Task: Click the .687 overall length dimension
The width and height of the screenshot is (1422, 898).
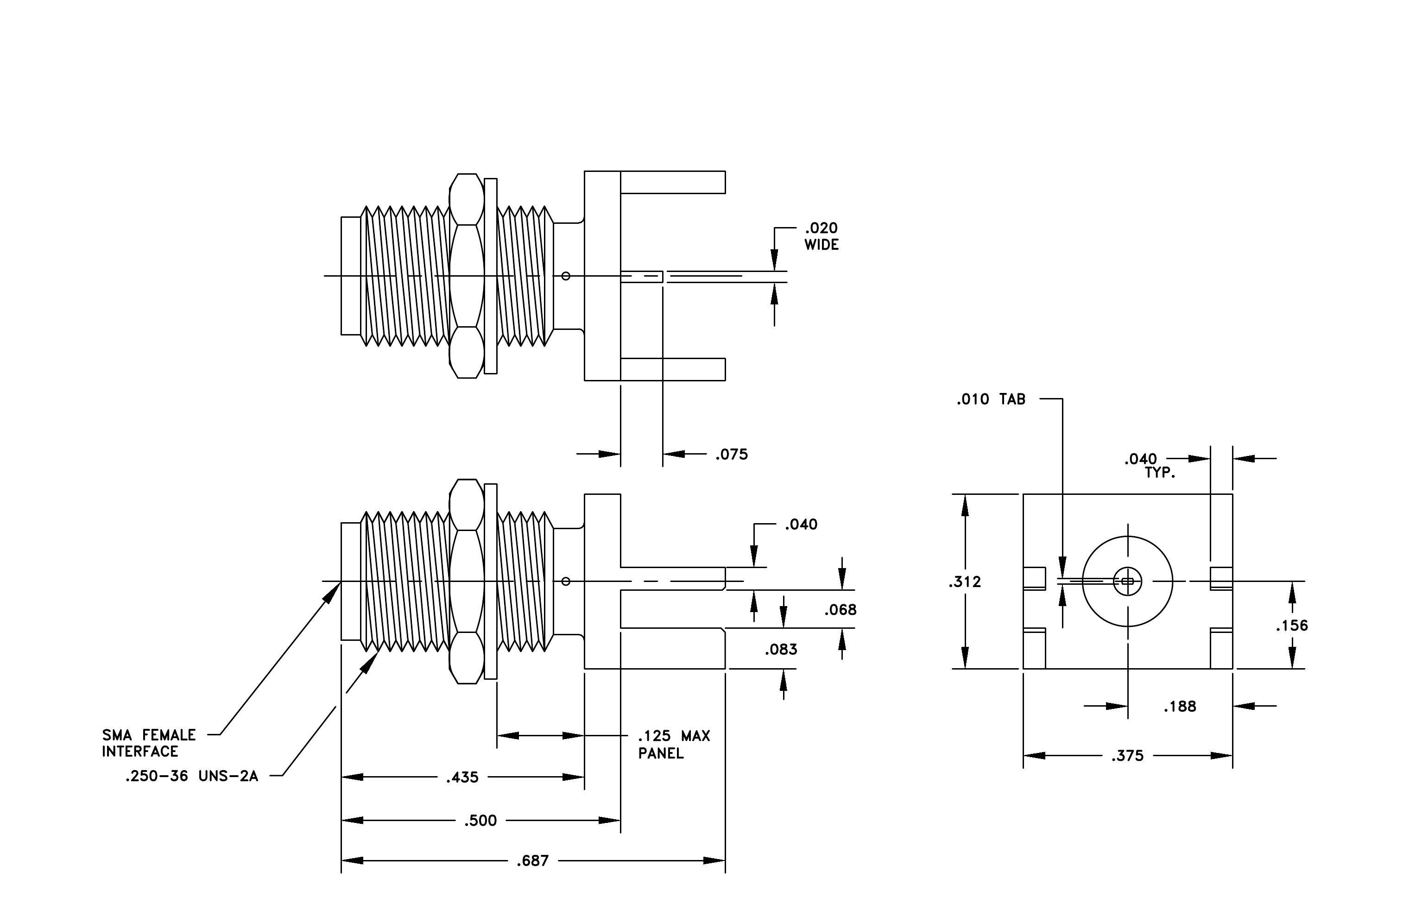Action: pyautogui.click(x=533, y=861)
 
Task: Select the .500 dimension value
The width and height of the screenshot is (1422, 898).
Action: pyautogui.click(x=480, y=821)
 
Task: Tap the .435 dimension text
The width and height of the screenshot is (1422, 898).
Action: pyautogui.click(x=462, y=778)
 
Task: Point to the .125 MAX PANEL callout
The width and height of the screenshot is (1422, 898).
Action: pyautogui.click(x=674, y=745)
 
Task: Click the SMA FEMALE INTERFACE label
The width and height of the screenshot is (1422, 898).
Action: pyautogui.click(x=149, y=743)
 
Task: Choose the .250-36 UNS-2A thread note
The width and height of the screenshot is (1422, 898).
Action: pyautogui.click(x=192, y=776)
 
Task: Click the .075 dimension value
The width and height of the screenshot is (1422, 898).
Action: pyautogui.click(x=732, y=455)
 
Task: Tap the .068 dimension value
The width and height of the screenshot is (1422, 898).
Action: pyautogui.click(x=841, y=610)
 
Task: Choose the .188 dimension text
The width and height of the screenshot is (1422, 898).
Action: pyautogui.click(x=1180, y=707)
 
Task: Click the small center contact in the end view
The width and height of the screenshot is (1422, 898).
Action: pyautogui.click(x=1127, y=582)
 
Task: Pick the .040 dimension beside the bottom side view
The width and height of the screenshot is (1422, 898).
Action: pyautogui.click(x=801, y=524)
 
